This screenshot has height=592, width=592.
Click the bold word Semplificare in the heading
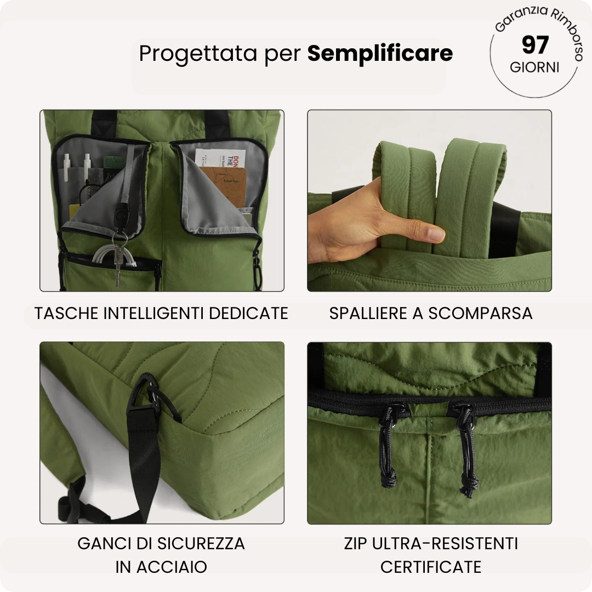380,53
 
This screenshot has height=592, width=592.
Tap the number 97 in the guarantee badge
535,45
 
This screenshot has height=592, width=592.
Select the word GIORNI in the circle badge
534,68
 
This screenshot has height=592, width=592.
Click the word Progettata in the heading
198,54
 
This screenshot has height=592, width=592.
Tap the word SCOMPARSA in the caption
480,313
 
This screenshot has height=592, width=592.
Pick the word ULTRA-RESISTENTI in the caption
445,544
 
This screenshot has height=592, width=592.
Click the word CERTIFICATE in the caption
431,567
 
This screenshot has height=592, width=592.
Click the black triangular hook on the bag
144,391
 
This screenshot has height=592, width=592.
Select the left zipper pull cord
388,449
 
